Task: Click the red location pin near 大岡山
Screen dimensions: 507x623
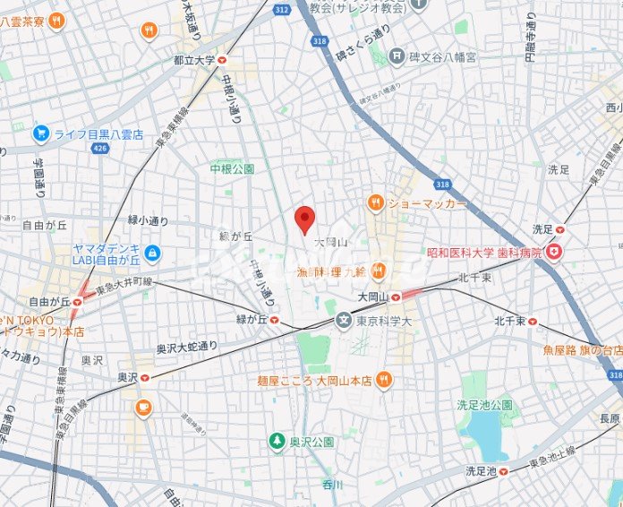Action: tap(305, 219)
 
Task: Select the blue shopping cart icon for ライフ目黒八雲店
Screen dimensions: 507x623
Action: tap(40, 133)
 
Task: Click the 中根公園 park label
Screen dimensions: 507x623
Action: tap(232, 168)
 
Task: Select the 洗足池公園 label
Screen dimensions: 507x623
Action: tap(484, 405)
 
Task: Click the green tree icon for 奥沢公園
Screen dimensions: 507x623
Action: tap(277, 442)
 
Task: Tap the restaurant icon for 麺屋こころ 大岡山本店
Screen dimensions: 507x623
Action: tap(384, 380)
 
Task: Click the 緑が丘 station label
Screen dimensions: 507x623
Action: tap(249, 319)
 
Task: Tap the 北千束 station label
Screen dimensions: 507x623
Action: tap(514, 321)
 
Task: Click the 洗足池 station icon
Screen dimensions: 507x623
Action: tap(503, 470)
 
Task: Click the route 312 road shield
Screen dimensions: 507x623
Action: tap(282, 10)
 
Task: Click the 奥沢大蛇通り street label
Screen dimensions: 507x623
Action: tap(187, 346)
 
